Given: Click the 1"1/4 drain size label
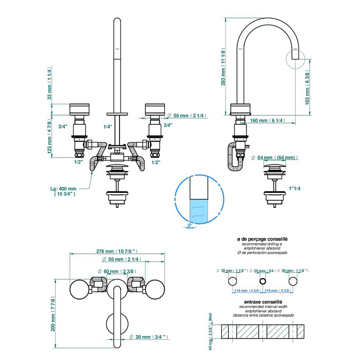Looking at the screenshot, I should coord(295,189).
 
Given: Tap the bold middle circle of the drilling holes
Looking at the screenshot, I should coord(262,281).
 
